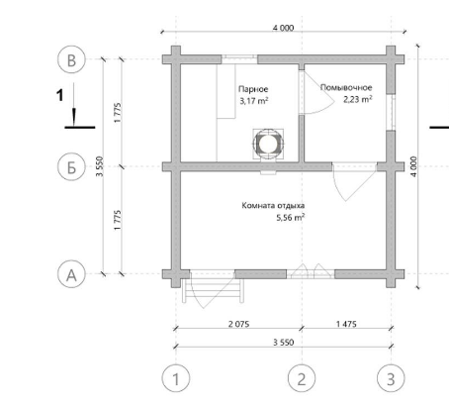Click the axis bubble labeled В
(71, 59)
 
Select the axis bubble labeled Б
(71, 166)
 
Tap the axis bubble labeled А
(71, 274)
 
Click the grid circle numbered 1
(176, 378)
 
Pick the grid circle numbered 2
(302, 378)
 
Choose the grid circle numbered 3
(391, 378)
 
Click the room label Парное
(253, 89)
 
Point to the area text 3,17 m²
(254, 101)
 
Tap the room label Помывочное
(346, 87)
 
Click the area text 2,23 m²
(358, 99)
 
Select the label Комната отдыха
(273, 206)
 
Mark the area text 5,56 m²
(291, 218)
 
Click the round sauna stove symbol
(268, 144)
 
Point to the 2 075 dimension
(238, 324)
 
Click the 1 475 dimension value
(346, 324)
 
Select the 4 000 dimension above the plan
(283, 28)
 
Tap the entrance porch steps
(213, 290)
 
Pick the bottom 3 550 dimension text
(283, 342)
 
